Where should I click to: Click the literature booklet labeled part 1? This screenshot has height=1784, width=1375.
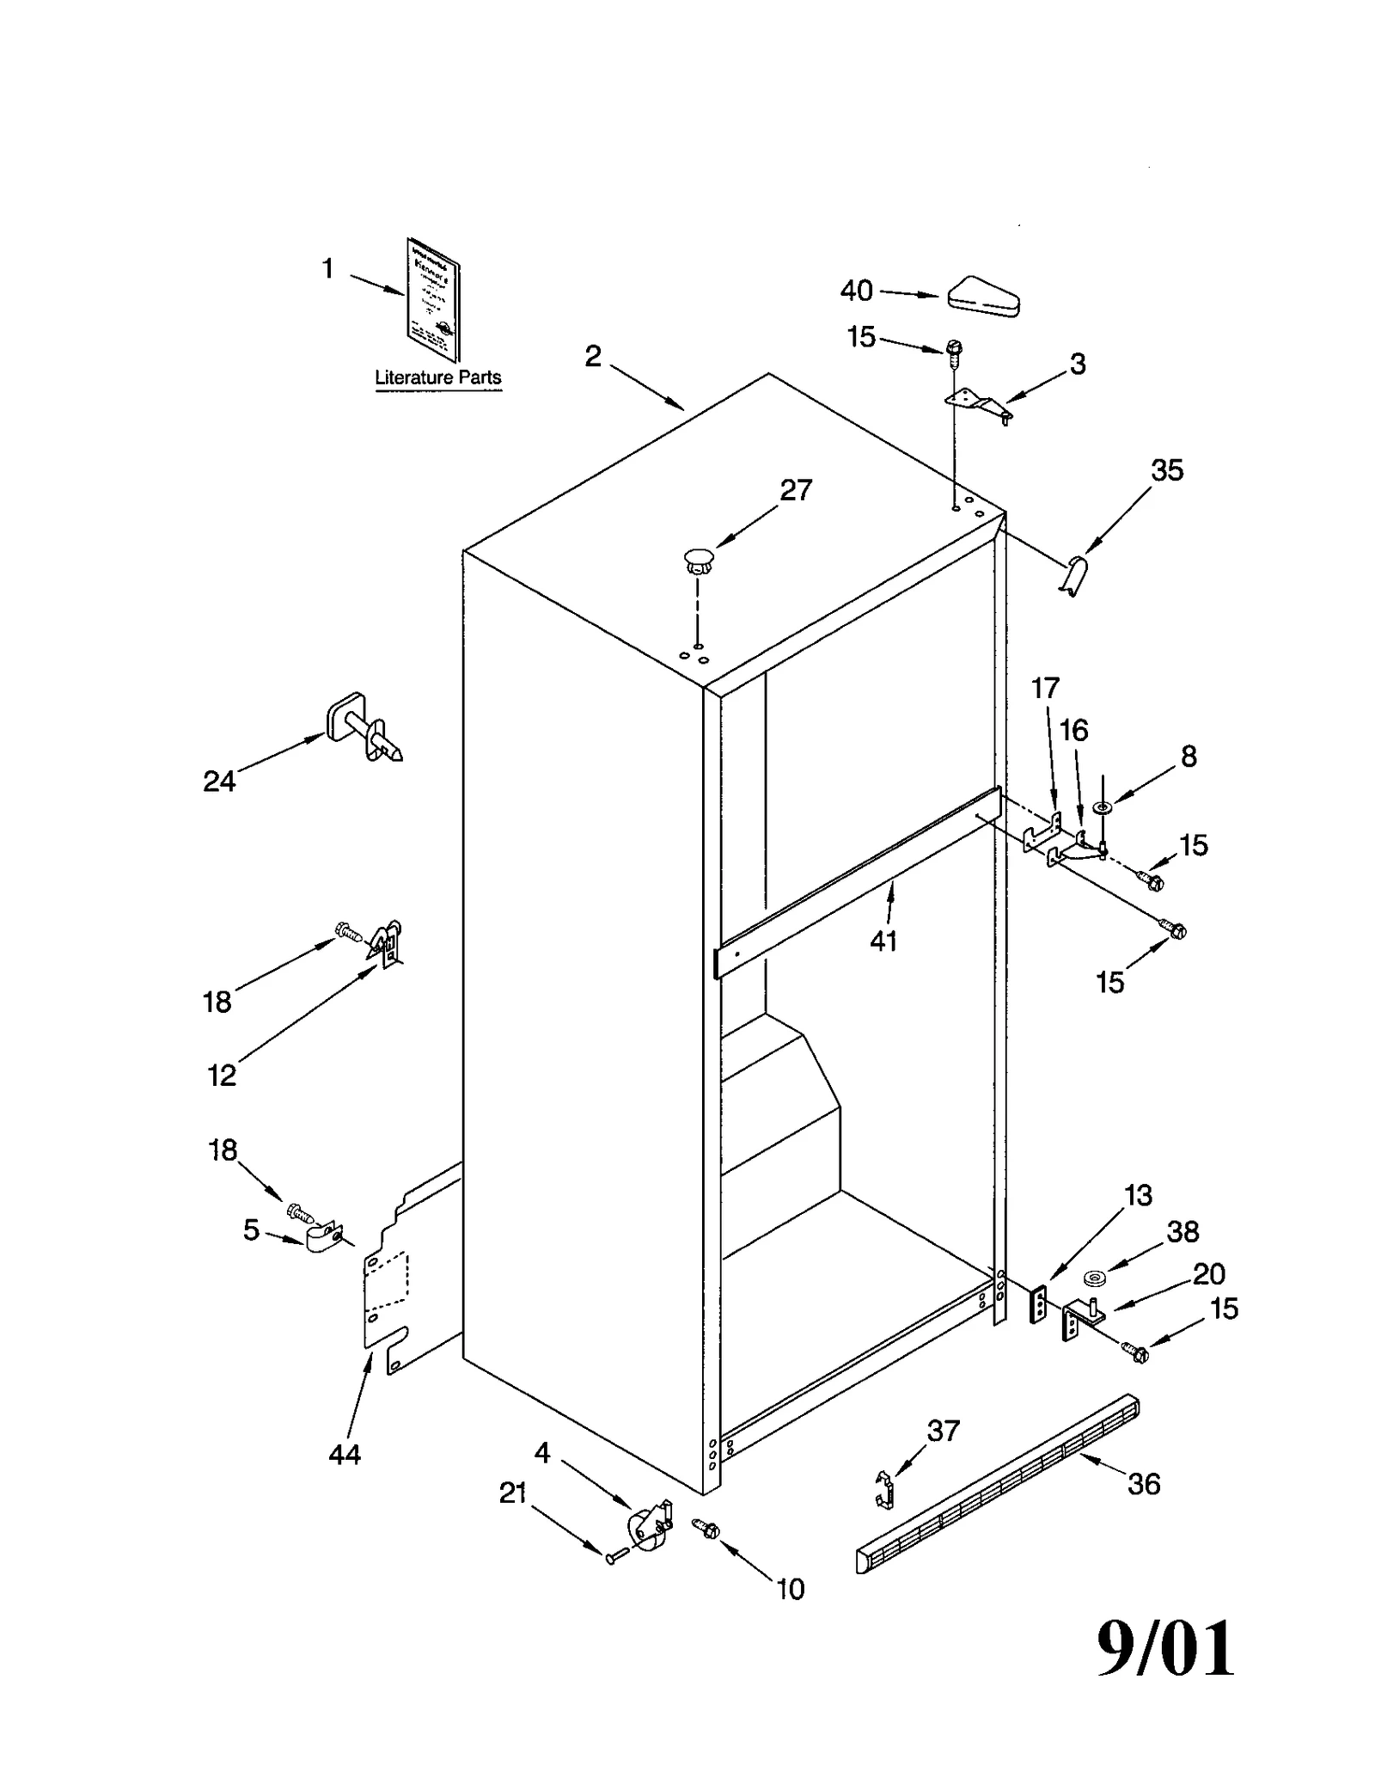pyautogui.click(x=432, y=298)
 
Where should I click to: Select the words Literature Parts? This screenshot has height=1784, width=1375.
pyautogui.click(x=437, y=377)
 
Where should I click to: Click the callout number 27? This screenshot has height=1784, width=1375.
pyautogui.click(x=795, y=490)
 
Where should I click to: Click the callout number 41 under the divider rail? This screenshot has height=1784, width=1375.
pyautogui.click(x=883, y=941)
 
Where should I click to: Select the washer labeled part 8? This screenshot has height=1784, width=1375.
pyautogui.click(x=1101, y=807)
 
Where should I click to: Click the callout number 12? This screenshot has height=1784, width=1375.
pyautogui.click(x=222, y=1076)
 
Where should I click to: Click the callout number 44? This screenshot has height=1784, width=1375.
pyautogui.click(x=344, y=1455)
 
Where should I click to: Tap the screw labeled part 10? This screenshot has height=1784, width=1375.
pyautogui.click(x=707, y=1528)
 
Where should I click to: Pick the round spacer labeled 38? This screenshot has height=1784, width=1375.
pyautogui.click(x=1094, y=1278)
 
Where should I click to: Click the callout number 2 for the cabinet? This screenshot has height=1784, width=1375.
pyautogui.click(x=593, y=356)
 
